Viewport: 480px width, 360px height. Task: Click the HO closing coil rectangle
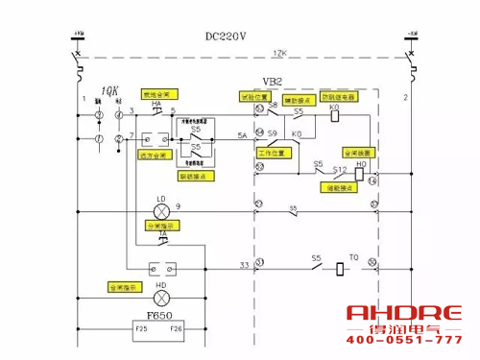click(x=361, y=176)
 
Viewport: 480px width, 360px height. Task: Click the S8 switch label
click(x=273, y=103)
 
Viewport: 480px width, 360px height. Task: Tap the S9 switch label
click(x=273, y=133)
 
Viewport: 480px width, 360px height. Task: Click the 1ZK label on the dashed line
click(x=279, y=51)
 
